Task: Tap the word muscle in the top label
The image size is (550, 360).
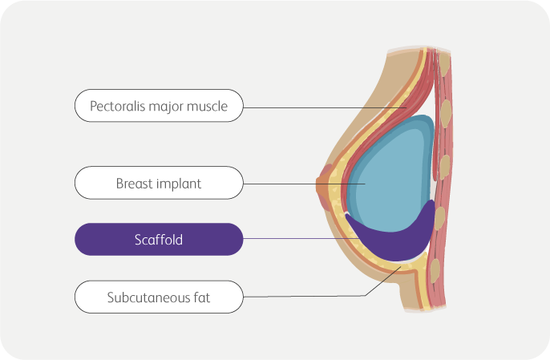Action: coord(208,105)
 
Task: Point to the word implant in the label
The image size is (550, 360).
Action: coord(180,183)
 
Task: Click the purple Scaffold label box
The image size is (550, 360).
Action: coord(158,239)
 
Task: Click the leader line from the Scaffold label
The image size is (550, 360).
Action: coord(297,239)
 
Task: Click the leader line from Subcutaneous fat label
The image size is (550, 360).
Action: coord(305,296)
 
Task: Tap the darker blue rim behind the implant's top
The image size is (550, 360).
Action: coord(425,124)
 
